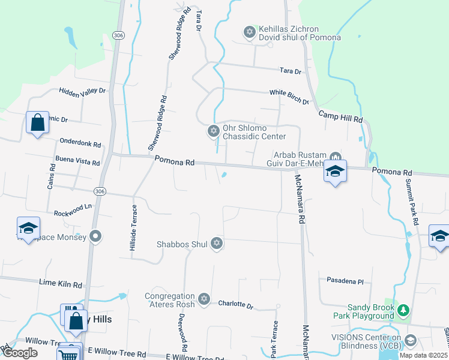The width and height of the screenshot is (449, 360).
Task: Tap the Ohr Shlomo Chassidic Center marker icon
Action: coord(212,131)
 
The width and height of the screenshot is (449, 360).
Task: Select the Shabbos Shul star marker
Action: coord(217,244)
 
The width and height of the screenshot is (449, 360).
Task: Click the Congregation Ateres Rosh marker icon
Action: coord(203,299)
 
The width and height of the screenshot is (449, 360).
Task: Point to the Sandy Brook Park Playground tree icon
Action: coord(404,310)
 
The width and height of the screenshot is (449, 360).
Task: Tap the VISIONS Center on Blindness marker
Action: coord(411,341)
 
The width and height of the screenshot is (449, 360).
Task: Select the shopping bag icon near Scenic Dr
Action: coord(37,123)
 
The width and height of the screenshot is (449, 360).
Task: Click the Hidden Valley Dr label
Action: coord(82,91)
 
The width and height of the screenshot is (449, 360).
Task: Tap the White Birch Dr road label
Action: coord(289,93)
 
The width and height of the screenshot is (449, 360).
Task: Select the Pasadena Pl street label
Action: coord(345,280)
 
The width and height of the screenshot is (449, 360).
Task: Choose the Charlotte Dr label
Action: coord(235,304)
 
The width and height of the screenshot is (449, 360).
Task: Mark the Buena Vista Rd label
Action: coord(77,162)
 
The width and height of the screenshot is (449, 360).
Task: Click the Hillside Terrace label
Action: coord(134,227)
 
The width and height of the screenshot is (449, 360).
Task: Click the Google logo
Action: coord(20,353)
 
